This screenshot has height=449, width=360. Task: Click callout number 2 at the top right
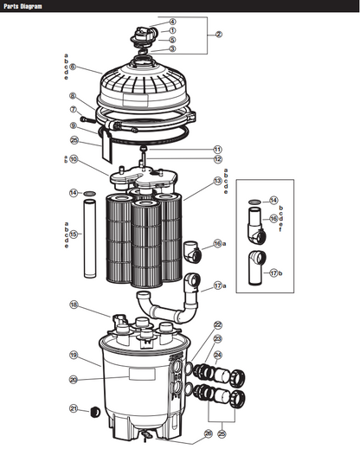click(219, 35)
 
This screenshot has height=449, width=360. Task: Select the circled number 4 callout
click(172, 21)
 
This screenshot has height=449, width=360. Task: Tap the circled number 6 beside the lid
click(73, 67)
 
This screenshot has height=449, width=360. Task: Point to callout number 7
click(74, 110)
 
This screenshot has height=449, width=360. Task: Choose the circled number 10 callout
click(74, 160)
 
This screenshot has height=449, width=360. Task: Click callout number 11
click(217, 149)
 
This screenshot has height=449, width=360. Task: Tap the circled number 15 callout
click(74, 234)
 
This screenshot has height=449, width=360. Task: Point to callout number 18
click(74, 305)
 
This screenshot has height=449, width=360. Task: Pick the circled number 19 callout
click(74, 355)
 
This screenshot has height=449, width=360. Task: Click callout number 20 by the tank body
click(74, 379)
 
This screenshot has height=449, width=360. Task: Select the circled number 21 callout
click(74, 409)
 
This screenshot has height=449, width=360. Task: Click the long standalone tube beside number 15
click(90, 238)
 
